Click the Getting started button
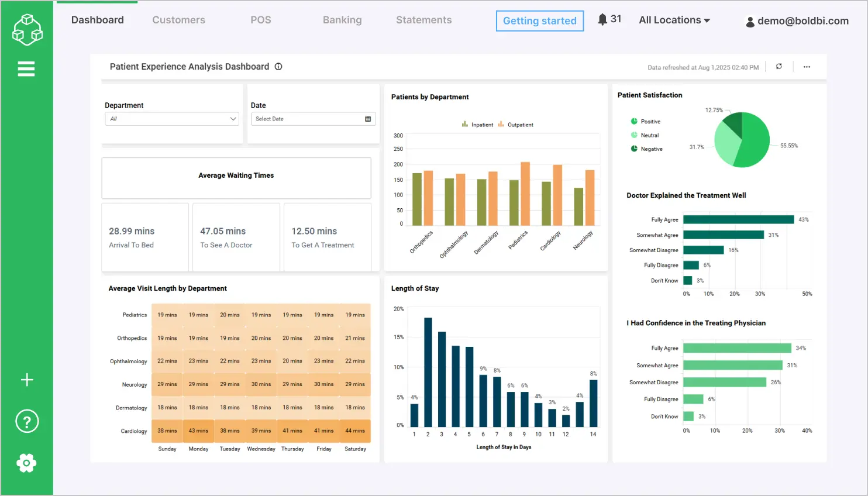coord(539,21)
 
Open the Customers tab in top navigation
coord(178,20)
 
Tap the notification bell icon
coord(602,19)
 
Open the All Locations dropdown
coord(674,20)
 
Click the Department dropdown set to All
coord(172,119)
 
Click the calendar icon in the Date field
coord(368,119)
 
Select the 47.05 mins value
coord(223,231)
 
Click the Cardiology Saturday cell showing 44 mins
coord(355,430)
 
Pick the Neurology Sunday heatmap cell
coord(167,384)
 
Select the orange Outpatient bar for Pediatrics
coord(525,194)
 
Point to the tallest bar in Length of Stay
coord(428,372)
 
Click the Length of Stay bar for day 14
coord(593,403)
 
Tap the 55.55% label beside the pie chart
coord(788,146)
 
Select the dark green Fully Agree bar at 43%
coord(738,219)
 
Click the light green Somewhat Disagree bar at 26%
coord(724,382)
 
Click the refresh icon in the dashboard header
coord(779,67)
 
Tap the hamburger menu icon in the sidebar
coord(26,69)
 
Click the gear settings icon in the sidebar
coord(26,463)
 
